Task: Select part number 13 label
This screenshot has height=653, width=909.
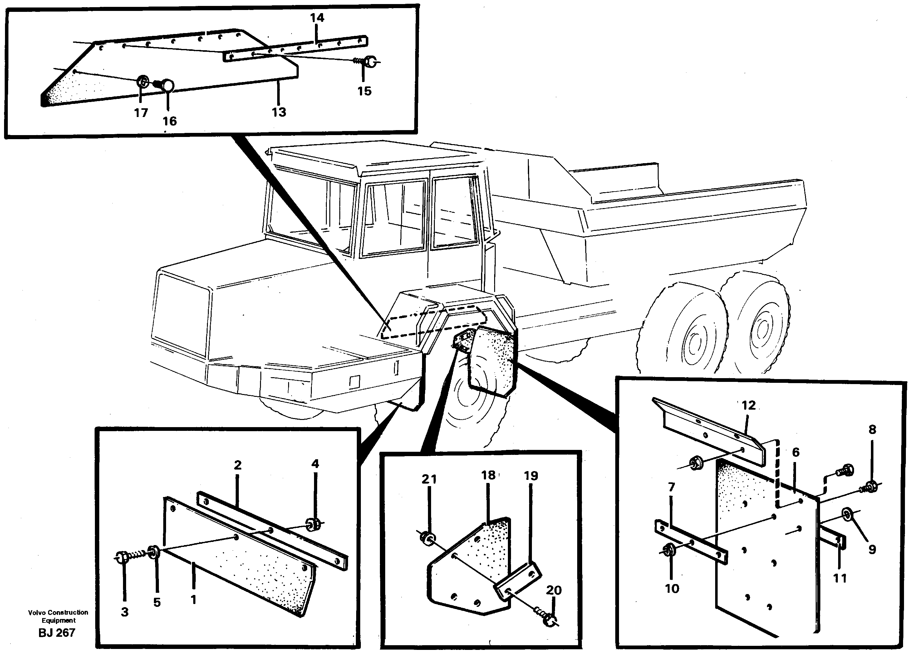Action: (279, 112)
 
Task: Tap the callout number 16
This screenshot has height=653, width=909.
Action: (170, 121)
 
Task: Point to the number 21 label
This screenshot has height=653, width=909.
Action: (429, 479)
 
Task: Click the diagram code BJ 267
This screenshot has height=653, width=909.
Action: (57, 633)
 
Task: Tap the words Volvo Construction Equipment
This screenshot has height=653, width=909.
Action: (58, 616)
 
